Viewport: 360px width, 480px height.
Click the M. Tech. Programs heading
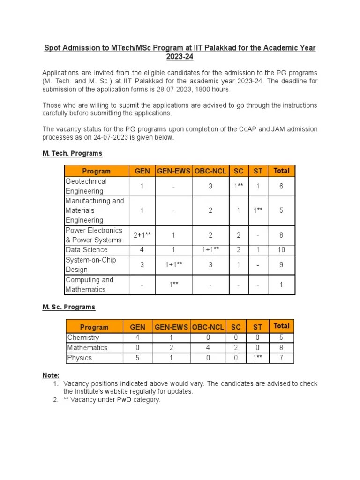72,153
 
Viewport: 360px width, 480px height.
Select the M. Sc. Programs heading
68,307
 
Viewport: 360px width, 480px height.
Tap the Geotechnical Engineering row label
86,186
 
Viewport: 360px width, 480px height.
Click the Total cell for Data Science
281,250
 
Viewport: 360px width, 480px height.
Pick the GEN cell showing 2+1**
142,235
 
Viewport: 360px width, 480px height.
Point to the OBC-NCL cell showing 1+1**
210,250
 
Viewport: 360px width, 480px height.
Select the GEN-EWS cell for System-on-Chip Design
173,265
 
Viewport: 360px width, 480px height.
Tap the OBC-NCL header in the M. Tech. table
210,171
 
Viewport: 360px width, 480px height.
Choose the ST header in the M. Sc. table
257,327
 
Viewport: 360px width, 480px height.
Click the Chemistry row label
83,337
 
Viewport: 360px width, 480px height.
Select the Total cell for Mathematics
281,348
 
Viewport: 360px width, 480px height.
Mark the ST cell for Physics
257,358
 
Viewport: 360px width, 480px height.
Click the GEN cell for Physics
137,358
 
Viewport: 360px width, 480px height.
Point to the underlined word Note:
51,375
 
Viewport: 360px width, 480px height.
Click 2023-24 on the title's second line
180,57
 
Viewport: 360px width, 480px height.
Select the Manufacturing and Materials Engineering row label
95,210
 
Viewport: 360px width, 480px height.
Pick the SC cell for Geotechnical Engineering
239,186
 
